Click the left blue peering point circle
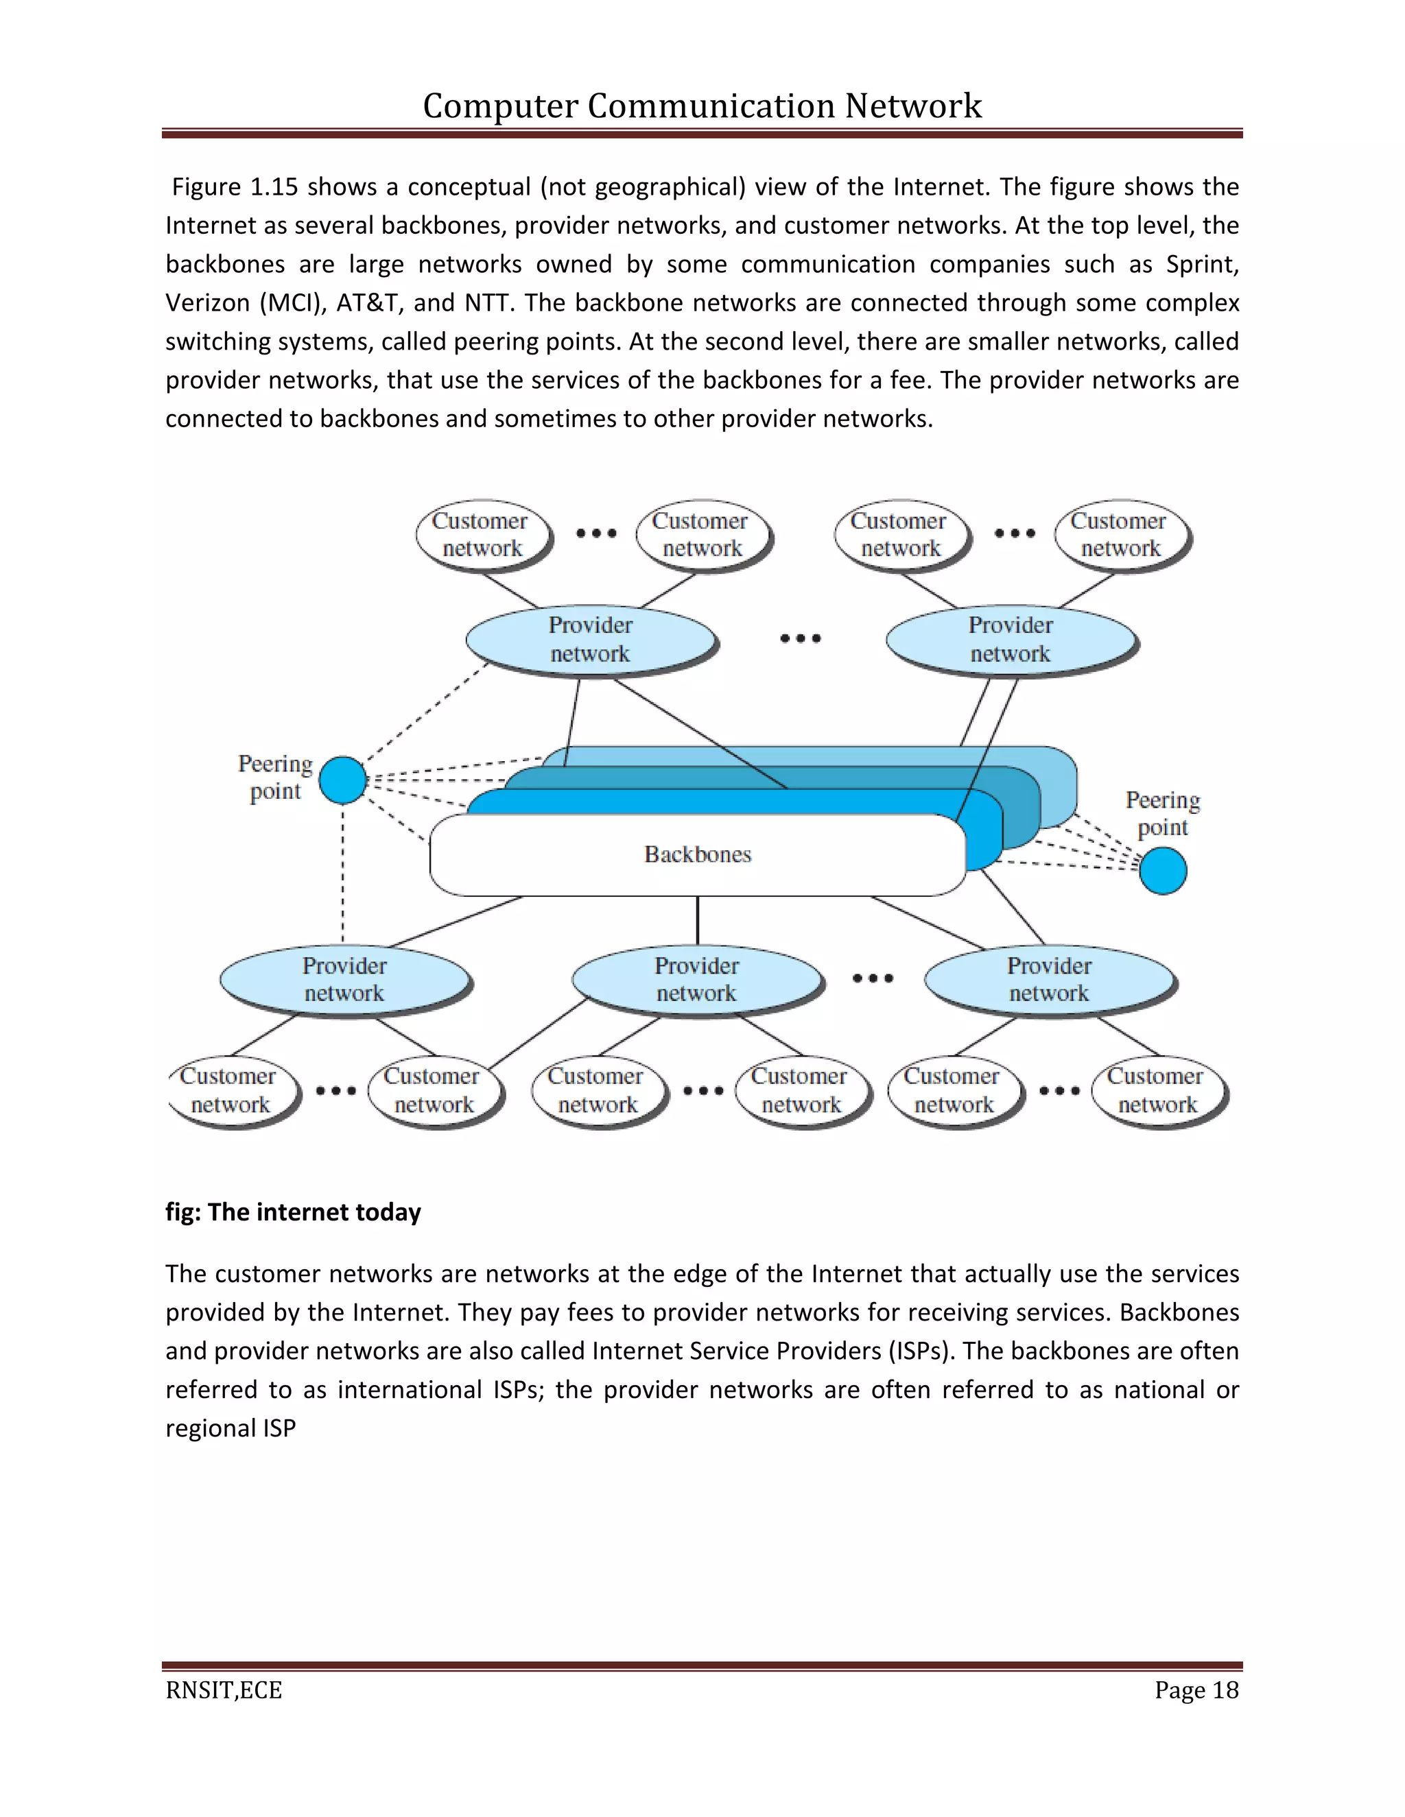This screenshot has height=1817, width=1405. pyautogui.click(x=343, y=780)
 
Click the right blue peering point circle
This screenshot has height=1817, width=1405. pyautogui.click(x=1163, y=870)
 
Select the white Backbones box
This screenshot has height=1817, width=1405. pyautogui.click(x=698, y=854)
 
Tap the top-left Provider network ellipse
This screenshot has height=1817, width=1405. pyautogui.click(x=590, y=639)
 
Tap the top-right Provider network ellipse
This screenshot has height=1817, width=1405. pyautogui.click(x=1011, y=639)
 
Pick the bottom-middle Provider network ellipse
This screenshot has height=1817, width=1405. pyautogui.click(x=697, y=979)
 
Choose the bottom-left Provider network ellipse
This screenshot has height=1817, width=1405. pyautogui.click(x=344, y=979)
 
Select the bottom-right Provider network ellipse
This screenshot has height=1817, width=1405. pyautogui.click(x=1049, y=979)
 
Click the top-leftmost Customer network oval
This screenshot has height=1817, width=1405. pyautogui.click(x=481, y=534)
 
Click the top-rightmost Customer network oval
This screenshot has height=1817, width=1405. pyautogui.click(x=1120, y=534)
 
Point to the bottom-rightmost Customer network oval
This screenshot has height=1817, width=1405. pyautogui.click(x=1156, y=1090)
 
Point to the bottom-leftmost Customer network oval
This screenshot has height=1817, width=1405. pyautogui.click(x=230, y=1090)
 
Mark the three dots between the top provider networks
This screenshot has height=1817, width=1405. pyautogui.click(x=801, y=638)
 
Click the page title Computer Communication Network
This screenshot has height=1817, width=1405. pyautogui.click(x=702, y=106)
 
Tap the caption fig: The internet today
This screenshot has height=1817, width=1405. pyautogui.click(x=293, y=1212)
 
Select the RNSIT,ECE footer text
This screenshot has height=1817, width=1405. pyautogui.click(x=224, y=1691)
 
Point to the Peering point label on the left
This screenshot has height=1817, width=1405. pyautogui.click(x=276, y=777)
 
